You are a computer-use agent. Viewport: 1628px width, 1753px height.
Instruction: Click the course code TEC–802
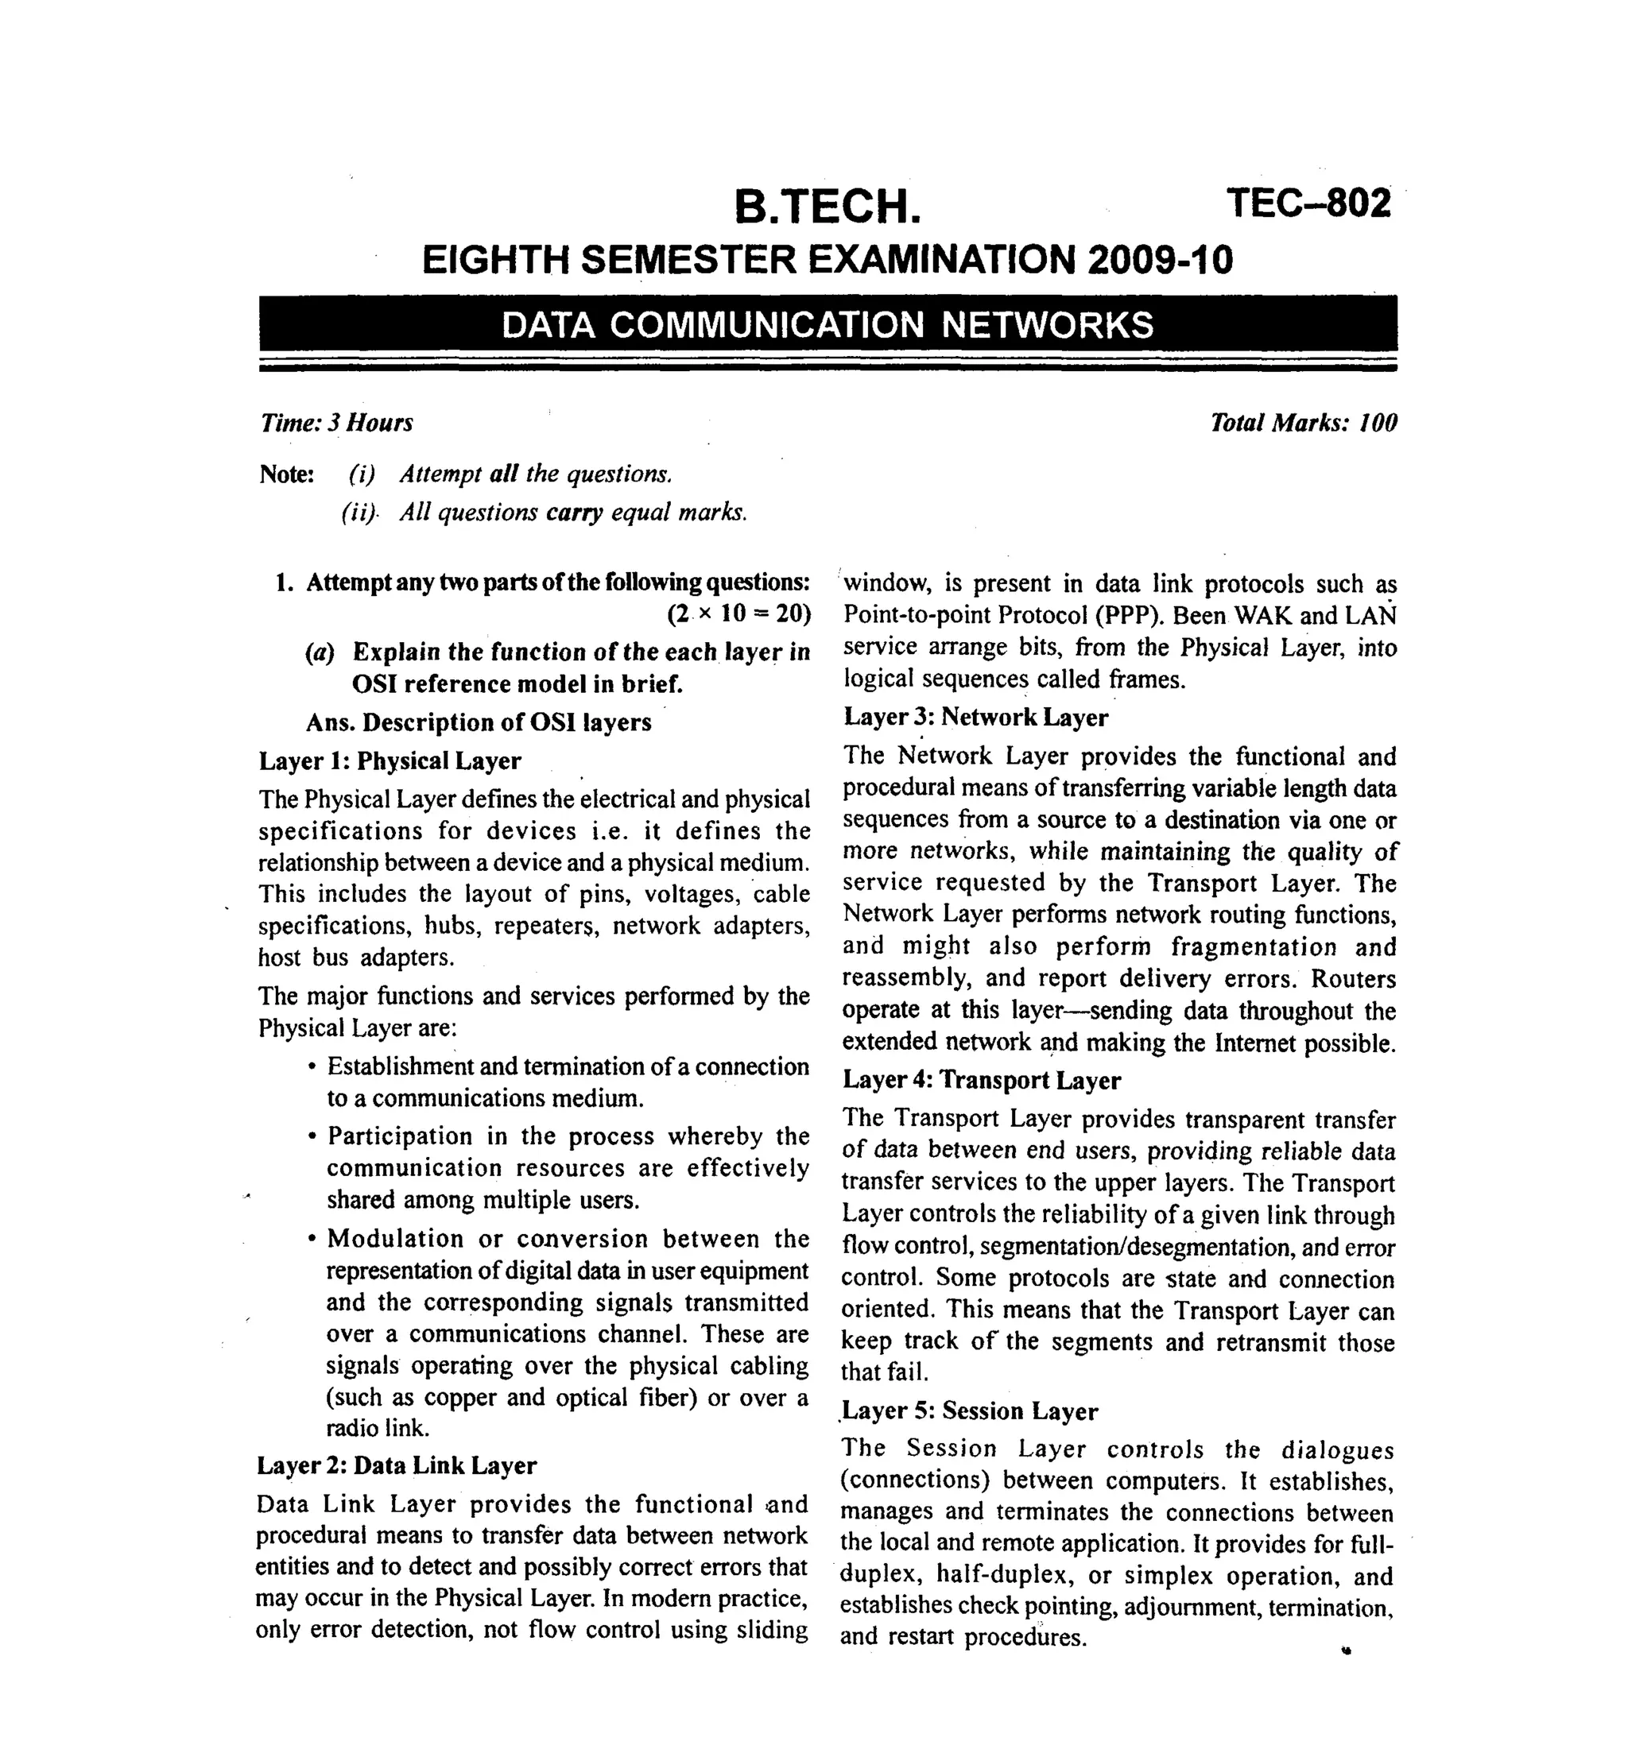pos(1308,203)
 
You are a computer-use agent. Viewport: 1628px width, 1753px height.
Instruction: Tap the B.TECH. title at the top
pos(828,207)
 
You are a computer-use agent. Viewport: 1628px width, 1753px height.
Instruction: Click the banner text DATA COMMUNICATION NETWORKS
pos(828,325)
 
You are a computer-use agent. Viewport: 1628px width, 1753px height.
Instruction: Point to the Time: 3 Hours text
pos(335,424)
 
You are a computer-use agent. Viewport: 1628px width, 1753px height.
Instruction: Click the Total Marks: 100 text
pos(1303,424)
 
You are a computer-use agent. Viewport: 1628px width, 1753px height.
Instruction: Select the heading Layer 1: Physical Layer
pos(390,760)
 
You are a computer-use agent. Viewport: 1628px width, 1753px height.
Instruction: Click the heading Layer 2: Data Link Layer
pos(397,1465)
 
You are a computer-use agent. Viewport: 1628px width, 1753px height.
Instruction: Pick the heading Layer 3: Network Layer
pos(975,718)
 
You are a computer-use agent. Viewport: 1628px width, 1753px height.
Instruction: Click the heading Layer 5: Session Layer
pos(970,1411)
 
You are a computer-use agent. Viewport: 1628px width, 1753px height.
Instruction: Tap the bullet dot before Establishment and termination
pos(312,1067)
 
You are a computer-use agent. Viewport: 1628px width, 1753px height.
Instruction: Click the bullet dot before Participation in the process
pos(312,1136)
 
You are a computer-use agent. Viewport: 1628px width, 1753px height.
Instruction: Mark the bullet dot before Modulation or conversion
pos(312,1239)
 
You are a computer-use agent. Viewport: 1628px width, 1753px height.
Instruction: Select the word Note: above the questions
pos(286,474)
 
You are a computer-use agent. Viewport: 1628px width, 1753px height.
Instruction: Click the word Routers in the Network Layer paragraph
pos(1353,979)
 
